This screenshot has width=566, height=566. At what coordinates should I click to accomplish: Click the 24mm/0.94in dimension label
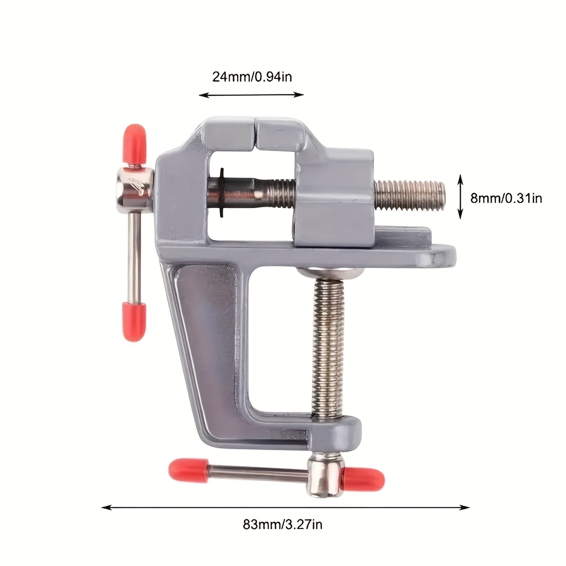(x=252, y=77)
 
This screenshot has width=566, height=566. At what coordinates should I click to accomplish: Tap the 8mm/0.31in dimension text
(x=506, y=198)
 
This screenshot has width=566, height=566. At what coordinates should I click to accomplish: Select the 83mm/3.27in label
(x=282, y=534)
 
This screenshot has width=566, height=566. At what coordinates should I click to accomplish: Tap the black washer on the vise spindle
(x=222, y=192)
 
